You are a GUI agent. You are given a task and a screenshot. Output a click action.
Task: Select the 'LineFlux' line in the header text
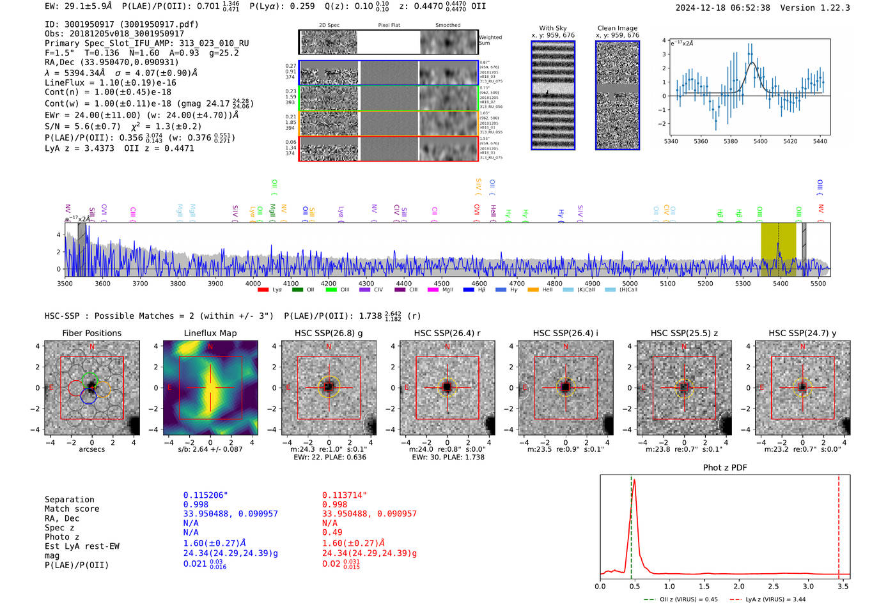(x=110, y=82)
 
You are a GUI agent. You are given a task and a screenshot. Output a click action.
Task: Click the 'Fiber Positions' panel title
(x=91, y=333)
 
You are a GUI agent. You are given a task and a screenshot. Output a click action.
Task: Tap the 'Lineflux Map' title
(x=210, y=333)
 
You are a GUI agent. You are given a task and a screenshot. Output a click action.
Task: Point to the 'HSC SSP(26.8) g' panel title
(x=329, y=333)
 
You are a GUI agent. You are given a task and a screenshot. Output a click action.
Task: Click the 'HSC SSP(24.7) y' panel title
(x=802, y=333)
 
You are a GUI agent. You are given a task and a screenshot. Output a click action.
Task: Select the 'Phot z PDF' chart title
(x=724, y=468)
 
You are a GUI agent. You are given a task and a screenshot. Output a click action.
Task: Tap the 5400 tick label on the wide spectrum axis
(x=780, y=284)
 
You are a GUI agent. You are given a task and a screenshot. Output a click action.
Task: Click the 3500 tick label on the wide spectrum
(x=65, y=284)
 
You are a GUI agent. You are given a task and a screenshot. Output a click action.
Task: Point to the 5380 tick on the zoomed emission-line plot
(x=730, y=141)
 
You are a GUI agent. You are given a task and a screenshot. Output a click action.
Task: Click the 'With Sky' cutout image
(x=553, y=95)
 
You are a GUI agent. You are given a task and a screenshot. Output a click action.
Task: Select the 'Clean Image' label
(x=617, y=28)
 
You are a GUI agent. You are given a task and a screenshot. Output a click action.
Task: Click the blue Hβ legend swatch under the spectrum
(x=469, y=290)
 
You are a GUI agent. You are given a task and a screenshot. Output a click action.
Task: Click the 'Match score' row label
(x=72, y=509)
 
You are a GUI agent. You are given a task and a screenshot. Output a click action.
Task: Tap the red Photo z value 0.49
(x=332, y=532)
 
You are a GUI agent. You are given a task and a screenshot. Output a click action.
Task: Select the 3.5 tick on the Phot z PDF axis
(x=843, y=586)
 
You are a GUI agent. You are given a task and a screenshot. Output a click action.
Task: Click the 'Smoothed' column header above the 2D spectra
(x=447, y=26)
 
